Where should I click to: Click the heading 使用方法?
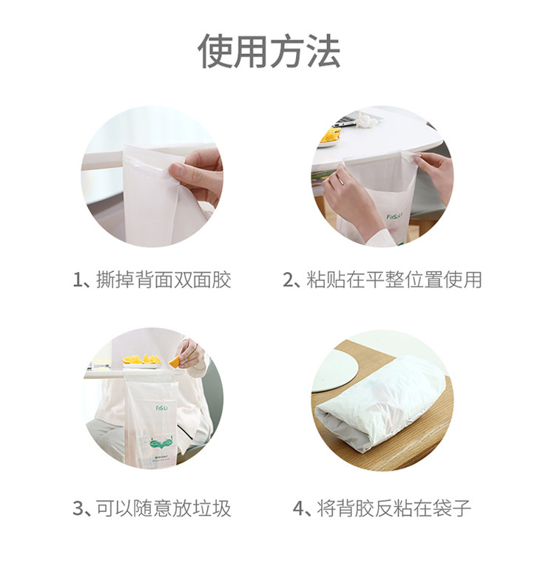(x=270, y=51)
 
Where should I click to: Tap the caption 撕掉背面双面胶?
(x=163, y=279)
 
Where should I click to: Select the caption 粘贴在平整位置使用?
(x=394, y=279)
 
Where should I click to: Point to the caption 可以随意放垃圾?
(x=163, y=508)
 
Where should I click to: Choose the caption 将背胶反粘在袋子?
(x=394, y=508)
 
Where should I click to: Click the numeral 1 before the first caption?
(x=78, y=280)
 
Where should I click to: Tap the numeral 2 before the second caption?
(x=288, y=280)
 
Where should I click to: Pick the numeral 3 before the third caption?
(x=78, y=508)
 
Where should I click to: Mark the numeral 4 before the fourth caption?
(x=299, y=508)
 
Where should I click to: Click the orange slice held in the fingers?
(x=175, y=361)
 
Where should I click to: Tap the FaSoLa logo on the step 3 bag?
(x=161, y=408)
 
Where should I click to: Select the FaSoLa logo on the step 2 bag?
(x=394, y=216)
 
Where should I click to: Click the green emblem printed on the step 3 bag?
(x=161, y=443)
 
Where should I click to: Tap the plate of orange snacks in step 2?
(x=330, y=137)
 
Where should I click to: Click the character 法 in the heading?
(x=323, y=51)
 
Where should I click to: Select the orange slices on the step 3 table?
(x=141, y=359)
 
